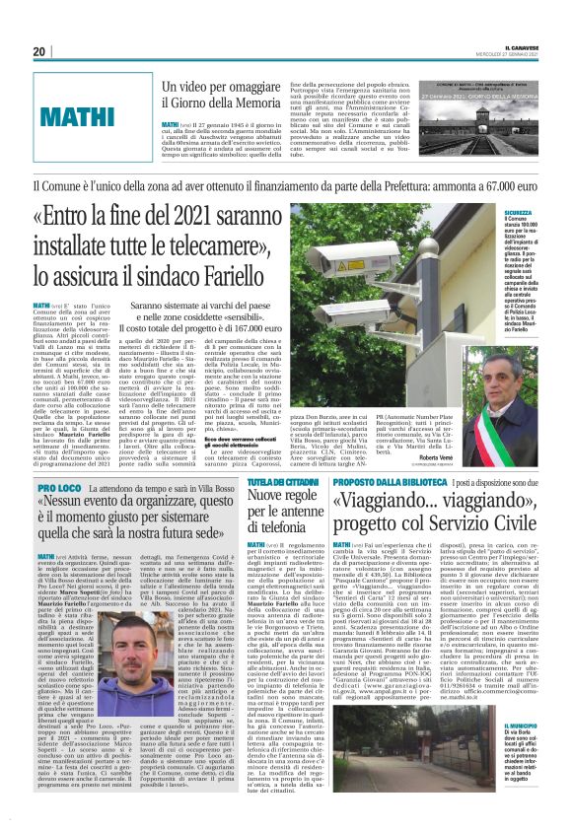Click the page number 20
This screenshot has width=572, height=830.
click(x=38, y=51)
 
